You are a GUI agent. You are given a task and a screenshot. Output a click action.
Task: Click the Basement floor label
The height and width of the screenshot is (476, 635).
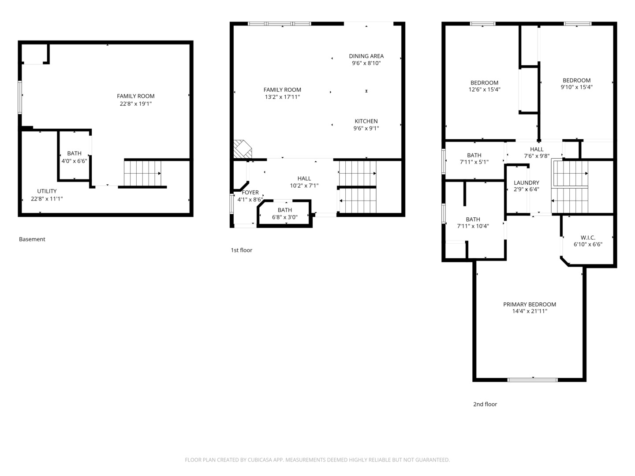tap(32, 239)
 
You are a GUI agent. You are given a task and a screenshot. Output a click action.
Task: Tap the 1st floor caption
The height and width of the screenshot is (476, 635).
tap(241, 250)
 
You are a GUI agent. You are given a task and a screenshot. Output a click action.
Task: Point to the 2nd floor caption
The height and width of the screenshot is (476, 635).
tap(485, 404)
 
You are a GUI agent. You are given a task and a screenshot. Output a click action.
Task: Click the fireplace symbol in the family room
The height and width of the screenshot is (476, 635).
tap(243, 149)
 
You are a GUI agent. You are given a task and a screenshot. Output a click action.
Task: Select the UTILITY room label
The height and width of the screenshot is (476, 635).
tap(47, 191)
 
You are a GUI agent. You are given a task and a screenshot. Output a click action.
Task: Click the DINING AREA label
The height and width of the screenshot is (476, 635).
tap(366, 56)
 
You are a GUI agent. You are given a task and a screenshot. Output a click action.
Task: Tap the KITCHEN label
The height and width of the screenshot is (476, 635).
tap(366, 121)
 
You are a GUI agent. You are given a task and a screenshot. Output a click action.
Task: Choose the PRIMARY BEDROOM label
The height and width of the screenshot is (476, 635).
tap(530, 304)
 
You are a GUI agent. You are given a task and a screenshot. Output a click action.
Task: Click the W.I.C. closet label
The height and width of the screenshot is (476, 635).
tap(588, 238)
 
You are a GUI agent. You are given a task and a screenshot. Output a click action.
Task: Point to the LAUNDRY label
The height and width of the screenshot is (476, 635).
tap(526, 182)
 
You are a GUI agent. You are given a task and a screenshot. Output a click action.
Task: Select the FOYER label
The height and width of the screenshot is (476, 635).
tap(250, 193)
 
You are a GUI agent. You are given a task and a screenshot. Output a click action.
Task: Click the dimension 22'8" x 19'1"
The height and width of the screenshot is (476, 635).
tap(136, 104)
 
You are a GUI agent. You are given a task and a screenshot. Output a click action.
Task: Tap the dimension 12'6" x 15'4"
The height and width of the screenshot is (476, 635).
tap(484, 89)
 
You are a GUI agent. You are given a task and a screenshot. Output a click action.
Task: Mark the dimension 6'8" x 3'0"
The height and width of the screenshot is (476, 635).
tap(285, 217)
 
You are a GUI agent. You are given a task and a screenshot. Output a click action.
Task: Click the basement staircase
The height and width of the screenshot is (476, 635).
tap(142, 173)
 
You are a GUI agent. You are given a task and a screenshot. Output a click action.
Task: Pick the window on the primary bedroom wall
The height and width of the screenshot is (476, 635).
tap(533, 380)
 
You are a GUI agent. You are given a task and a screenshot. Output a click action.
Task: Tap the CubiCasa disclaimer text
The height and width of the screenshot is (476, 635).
tap(317, 460)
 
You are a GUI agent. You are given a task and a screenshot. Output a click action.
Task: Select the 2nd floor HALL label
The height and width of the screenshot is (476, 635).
tap(537, 149)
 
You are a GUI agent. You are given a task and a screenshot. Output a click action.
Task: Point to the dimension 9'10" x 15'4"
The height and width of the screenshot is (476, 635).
tap(576, 87)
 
